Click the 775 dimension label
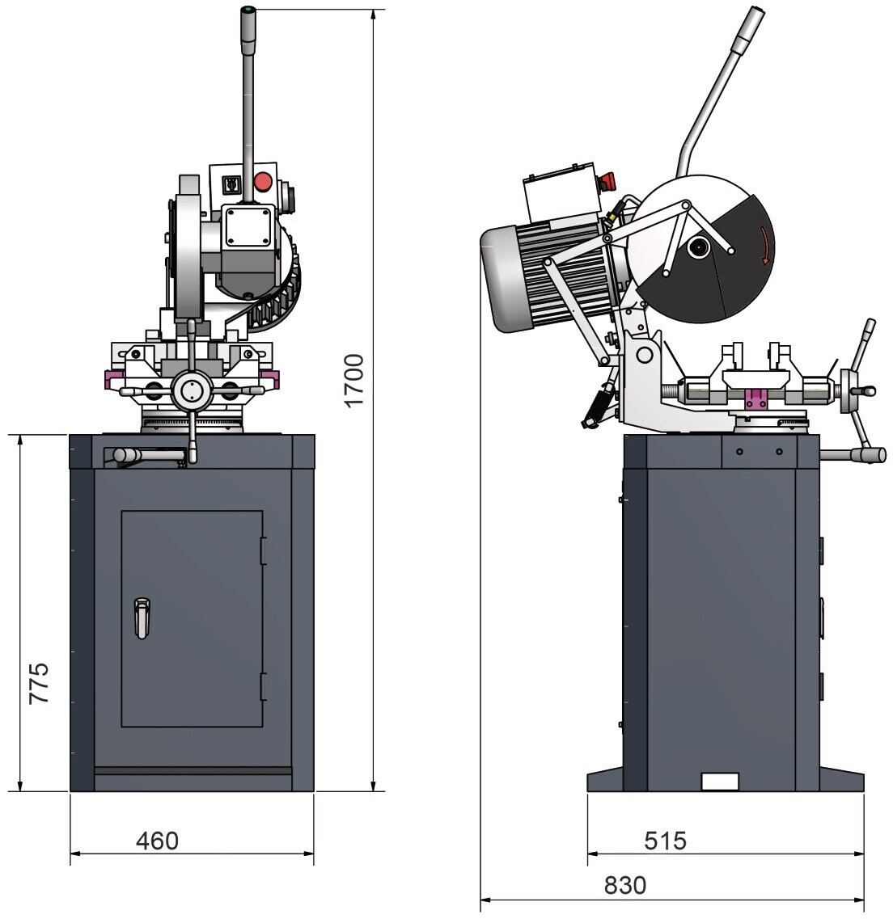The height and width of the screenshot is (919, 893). click(39, 684)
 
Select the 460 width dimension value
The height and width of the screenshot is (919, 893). click(157, 841)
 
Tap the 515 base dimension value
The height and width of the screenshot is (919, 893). click(665, 841)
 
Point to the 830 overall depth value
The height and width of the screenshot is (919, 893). click(625, 885)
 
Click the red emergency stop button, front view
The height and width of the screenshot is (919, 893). click(263, 181)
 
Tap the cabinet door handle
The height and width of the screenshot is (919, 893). click(142, 618)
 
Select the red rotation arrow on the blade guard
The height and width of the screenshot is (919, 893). click(764, 246)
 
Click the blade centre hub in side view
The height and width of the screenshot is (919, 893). click(697, 247)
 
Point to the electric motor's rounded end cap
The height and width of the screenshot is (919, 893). click(497, 279)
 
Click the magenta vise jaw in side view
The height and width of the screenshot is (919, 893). click(755, 398)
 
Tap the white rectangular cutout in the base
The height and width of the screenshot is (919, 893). click(719, 781)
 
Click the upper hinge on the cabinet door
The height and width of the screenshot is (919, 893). click(263, 551)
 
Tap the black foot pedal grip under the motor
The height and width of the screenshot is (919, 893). click(596, 406)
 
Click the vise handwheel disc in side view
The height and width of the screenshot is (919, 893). click(849, 392)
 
